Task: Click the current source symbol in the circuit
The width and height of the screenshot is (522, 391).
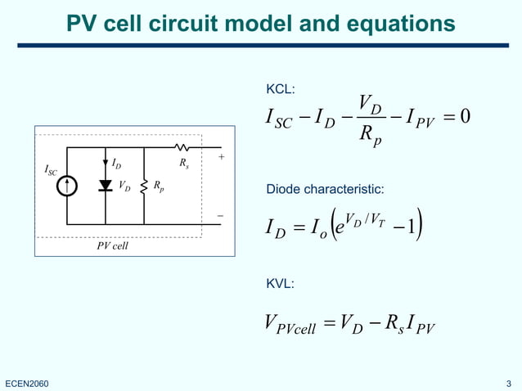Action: (66, 186)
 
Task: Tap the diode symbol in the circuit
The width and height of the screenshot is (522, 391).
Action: (106, 186)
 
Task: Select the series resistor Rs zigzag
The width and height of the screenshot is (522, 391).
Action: (182, 148)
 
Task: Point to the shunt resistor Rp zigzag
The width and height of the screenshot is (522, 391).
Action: (144, 187)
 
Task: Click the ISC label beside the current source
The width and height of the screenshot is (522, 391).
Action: (51, 170)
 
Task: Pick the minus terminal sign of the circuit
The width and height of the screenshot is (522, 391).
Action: (220, 216)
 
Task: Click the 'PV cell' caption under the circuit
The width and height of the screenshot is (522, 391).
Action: (113, 244)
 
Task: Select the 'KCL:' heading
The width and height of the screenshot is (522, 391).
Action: (281, 88)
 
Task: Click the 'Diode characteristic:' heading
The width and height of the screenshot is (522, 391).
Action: (325, 190)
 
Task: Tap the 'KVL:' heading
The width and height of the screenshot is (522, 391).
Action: (281, 283)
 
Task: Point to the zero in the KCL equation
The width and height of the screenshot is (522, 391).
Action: (465, 118)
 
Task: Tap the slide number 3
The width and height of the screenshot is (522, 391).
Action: (509, 383)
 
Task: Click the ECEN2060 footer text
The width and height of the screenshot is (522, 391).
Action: (27, 383)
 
